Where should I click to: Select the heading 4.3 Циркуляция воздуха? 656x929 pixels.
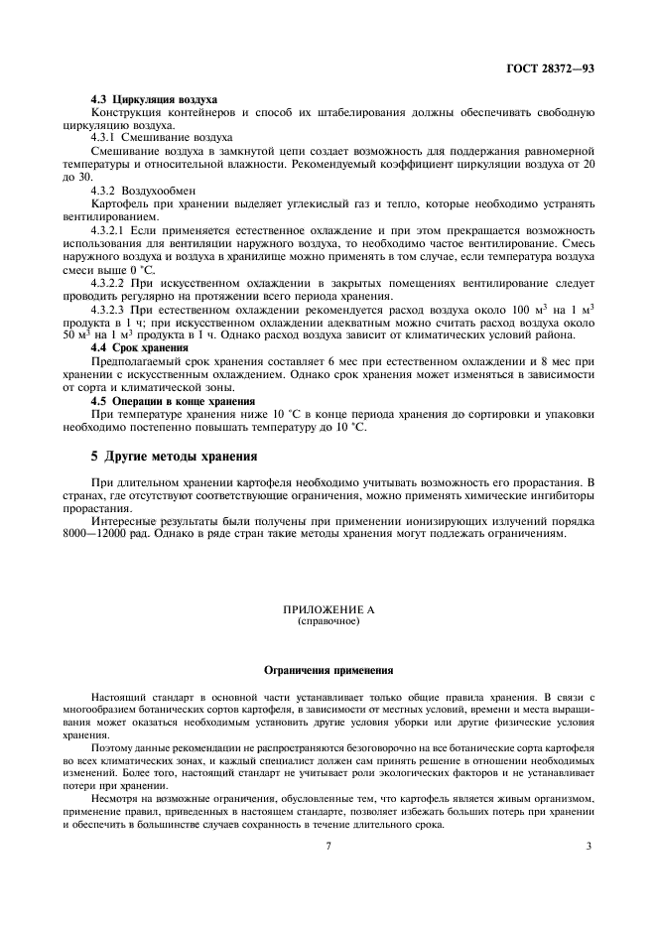click(154, 100)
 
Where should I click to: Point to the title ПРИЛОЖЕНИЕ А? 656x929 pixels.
click(328, 611)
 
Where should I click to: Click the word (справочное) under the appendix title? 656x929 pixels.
click(328, 622)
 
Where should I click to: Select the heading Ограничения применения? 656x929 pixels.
click(328, 669)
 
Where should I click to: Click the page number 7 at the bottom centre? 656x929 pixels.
click(328, 846)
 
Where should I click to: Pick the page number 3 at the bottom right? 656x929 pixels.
click(589, 846)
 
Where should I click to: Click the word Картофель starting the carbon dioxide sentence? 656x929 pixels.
click(116, 201)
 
